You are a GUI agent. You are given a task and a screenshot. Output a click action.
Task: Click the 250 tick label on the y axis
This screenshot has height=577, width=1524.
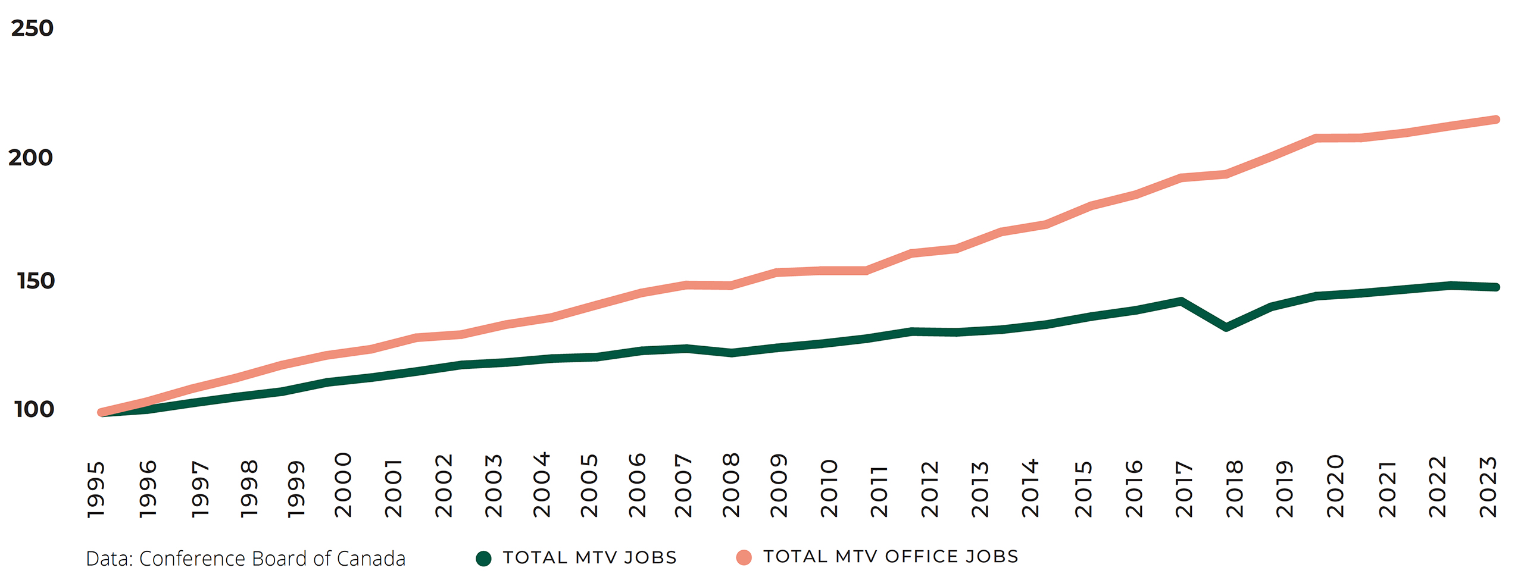tap(32, 28)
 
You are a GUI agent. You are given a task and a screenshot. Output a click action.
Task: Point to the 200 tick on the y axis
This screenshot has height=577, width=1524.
tap(30, 158)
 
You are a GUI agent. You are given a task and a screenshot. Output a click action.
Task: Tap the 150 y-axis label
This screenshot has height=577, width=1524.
tap(36, 281)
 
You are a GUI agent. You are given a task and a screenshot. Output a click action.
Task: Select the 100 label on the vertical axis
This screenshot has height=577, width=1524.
tap(34, 409)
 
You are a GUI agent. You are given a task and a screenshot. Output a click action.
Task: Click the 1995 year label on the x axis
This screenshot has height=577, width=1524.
tap(96, 489)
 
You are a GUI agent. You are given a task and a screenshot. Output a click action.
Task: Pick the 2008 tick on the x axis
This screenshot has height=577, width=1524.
tap(731, 485)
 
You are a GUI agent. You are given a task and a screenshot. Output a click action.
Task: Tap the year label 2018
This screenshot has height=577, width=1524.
tap(1235, 488)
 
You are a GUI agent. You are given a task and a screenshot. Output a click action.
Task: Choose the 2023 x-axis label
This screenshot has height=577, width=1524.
tap(1488, 487)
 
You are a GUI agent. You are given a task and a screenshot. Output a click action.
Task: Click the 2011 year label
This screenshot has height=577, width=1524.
tap(879, 491)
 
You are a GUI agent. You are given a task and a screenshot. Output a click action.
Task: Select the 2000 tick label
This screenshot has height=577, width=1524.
tap(343, 485)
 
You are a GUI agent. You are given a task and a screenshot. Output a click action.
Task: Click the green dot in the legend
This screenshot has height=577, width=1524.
tap(483, 558)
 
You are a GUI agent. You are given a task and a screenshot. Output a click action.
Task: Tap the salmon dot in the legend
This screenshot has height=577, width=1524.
tap(744, 557)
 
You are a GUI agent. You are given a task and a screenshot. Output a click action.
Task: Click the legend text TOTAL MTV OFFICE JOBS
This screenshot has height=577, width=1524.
tap(891, 557)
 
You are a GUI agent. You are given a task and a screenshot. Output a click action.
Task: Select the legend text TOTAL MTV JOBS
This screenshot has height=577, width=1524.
tap(589, 557)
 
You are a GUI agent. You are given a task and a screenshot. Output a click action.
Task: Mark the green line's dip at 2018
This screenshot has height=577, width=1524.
tap(1226, 327)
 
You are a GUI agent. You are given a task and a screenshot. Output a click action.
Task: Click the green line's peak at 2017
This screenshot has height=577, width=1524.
tap(1181, 302)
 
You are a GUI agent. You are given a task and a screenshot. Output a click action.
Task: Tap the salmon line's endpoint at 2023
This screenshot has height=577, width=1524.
tap(1496, 120)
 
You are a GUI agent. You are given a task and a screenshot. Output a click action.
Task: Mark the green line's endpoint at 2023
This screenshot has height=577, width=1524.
tap(1496, 287)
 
